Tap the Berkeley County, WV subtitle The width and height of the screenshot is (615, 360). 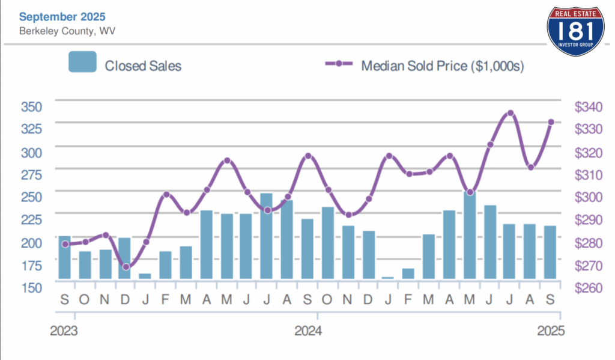pyautogui.click(x=62, y=31)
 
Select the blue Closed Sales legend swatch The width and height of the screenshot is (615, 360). pyautogui.click(x=82, y=62)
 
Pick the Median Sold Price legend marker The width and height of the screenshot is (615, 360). pyautogui.click(x=339, y=64)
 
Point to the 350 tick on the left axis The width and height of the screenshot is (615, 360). pyautogui.click(x=31, y=107)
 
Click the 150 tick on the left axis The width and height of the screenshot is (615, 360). pyautogui.click(x=31, y=287)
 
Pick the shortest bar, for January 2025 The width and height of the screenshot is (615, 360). pyautogui.click(x=388, y=278)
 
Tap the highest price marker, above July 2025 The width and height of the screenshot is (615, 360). pyautogui.click(x=510, y=113)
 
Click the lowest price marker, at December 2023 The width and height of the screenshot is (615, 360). pyautogui.click(x=126, y=267)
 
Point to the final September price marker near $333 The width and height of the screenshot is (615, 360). pyautogui.click(x=551, y=122)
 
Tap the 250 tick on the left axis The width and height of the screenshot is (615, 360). pyautogui.click(x=31, y=197)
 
